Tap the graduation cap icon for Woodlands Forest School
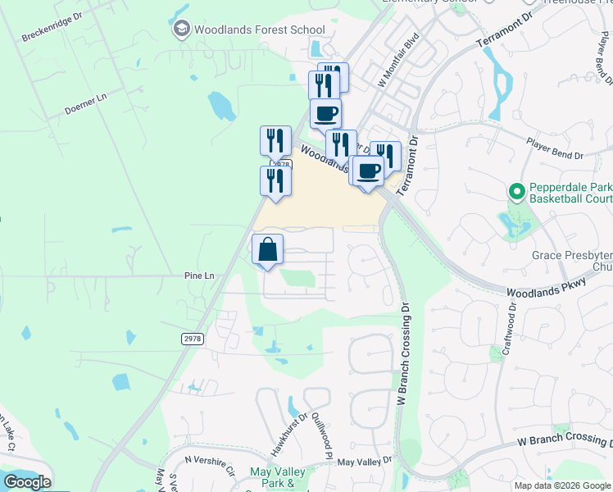click(x=181, y=30)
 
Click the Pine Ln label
click(x=198, y=276)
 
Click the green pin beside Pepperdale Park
click(x=516, y=193)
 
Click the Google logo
click(x=27, y=482)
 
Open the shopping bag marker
click(x=268, y=249)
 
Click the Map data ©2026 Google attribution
click(x=562, y=485)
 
